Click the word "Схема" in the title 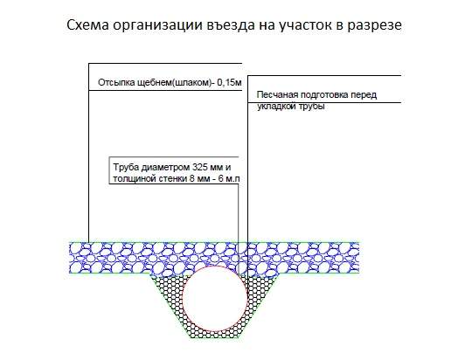click(87, 24)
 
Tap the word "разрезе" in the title click(374, 26)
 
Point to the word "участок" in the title click(305, 26)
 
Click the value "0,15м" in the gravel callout click(229, 83)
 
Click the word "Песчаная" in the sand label click(277, 94)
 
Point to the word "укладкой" click(276, 107)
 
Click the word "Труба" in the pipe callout click(126, 168)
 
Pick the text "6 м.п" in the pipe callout click(229, 178)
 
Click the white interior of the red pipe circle click(215, 299)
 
